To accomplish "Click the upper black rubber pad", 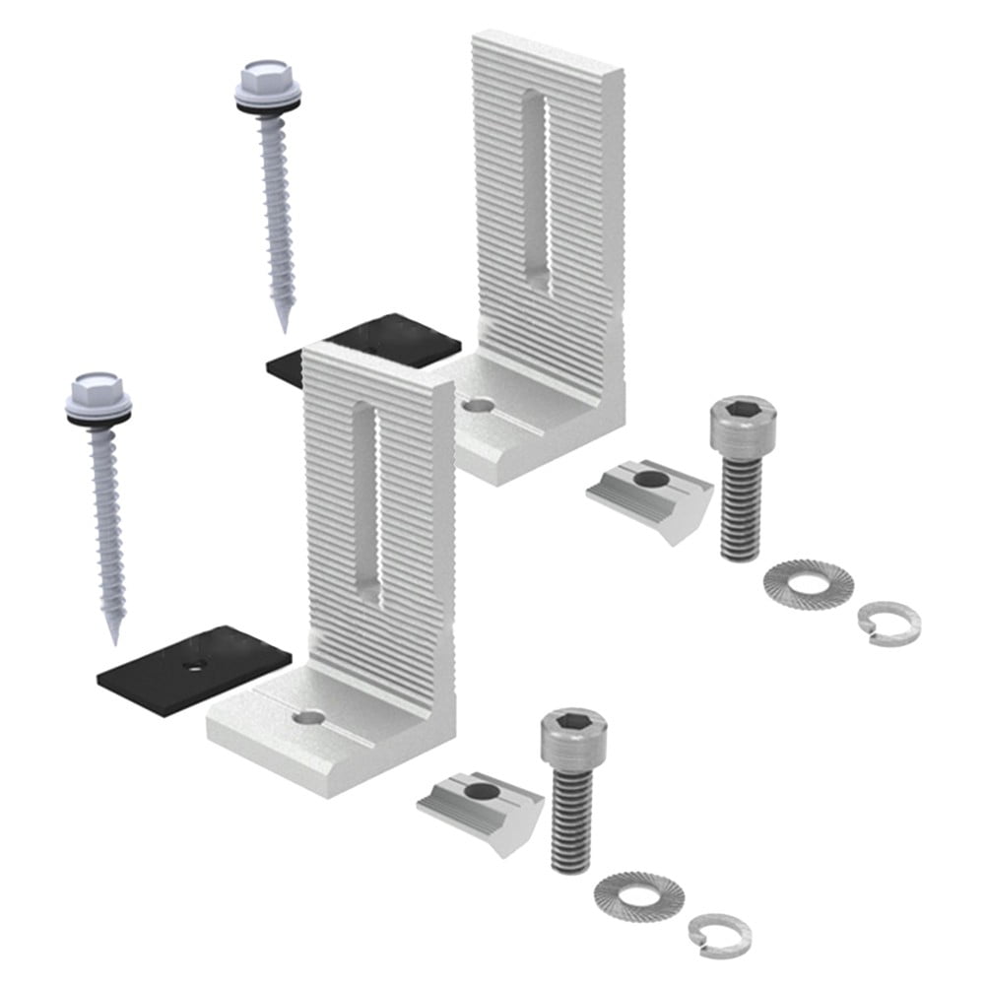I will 394,341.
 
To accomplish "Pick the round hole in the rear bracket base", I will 477,404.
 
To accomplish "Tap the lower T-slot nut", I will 482,800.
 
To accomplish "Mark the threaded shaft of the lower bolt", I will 571,818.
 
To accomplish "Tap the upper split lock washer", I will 887,621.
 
